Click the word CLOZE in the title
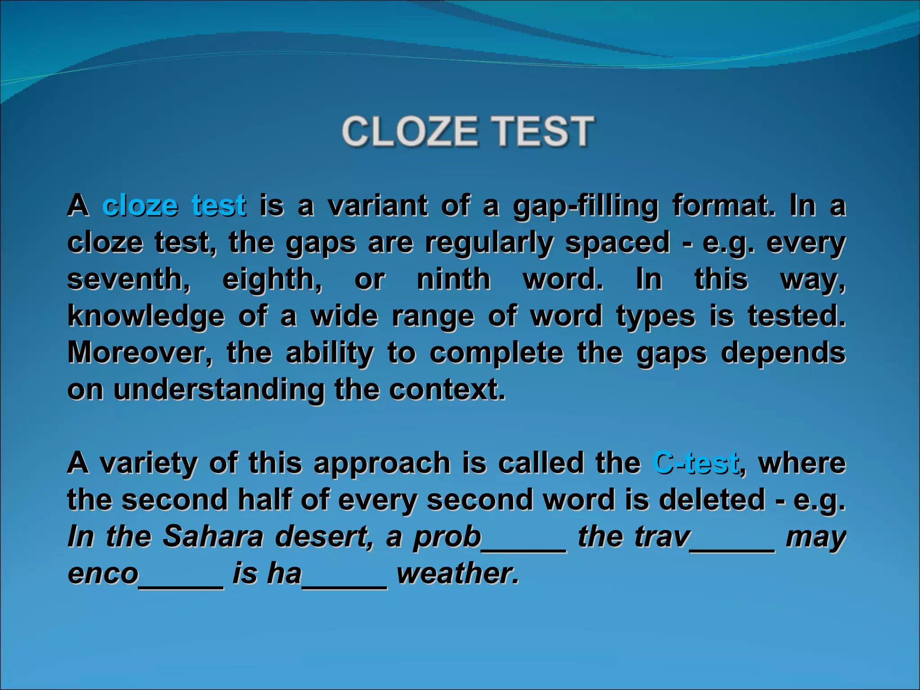click(409, 131)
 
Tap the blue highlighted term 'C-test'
click(695, 462)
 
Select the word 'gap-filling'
click(585, 207)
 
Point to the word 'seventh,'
click(128, 279)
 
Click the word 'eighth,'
click(272, 279)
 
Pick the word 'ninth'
click(453, 279)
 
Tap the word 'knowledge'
click(146, 316)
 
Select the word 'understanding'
click(218, 389)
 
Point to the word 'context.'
click(447, 389)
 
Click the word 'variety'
click(148, 463)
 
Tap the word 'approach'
click(382, 463)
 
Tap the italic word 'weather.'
click(458, 573)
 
